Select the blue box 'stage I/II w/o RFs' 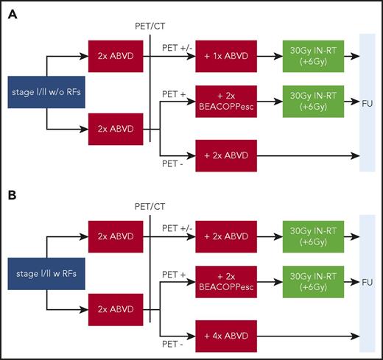click(39, 92)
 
